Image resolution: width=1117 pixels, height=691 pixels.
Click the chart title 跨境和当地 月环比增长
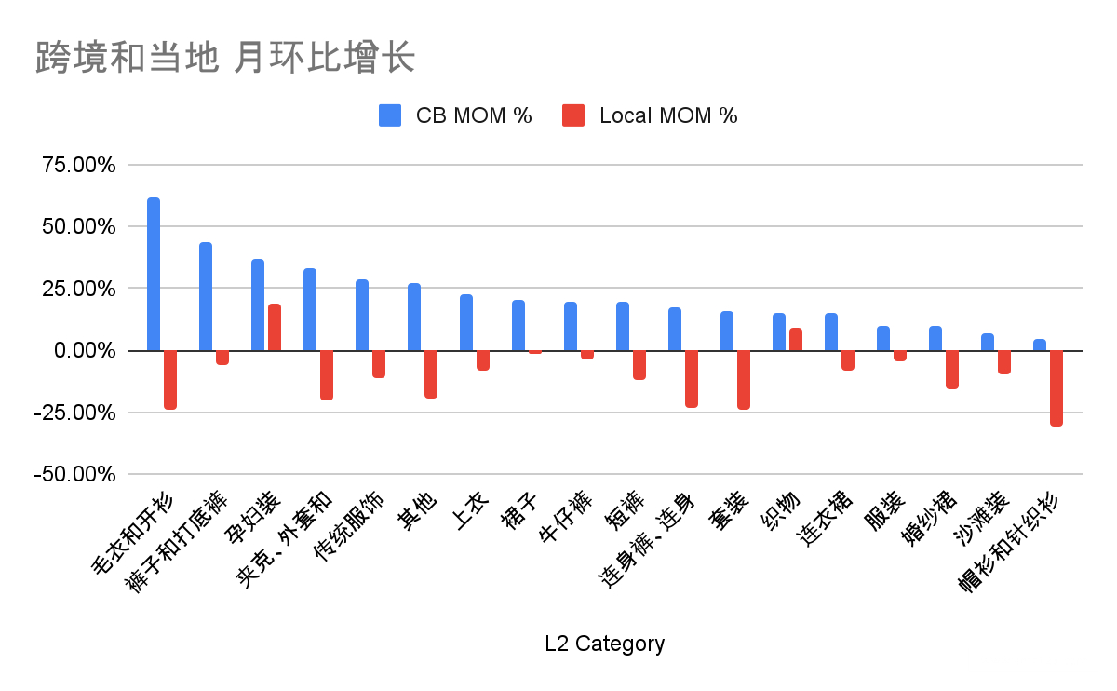[224, 58]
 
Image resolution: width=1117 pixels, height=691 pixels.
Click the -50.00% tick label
[77, 474]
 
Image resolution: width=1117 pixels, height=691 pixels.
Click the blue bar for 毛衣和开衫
[154, 275]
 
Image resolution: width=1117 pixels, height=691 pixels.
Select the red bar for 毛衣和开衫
[170, 379]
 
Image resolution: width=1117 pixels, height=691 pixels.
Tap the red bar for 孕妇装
[275, 328]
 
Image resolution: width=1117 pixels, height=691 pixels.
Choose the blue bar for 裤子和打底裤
[206, 297]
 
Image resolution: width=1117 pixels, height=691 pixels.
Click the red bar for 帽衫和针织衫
[1056, 387]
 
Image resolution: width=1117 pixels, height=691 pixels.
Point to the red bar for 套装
[744, 379]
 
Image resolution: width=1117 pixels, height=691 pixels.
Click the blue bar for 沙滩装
[988, 342]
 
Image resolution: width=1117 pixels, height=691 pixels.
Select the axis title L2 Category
[605, 644]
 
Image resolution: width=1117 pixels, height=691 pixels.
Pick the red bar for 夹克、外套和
[327, 374]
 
